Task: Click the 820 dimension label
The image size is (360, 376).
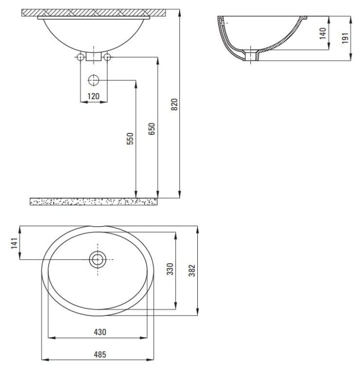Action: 175,105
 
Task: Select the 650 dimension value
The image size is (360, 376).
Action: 152,129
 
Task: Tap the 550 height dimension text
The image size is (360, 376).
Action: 130,138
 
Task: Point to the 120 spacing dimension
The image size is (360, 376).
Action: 94,96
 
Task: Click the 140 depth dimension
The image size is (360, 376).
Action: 322,33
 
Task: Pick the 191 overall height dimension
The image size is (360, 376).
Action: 345,38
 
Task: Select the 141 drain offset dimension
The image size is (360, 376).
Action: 15,243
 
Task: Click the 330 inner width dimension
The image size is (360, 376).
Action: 170,269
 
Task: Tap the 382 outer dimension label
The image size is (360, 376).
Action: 192,271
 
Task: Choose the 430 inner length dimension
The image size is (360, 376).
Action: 100,332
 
